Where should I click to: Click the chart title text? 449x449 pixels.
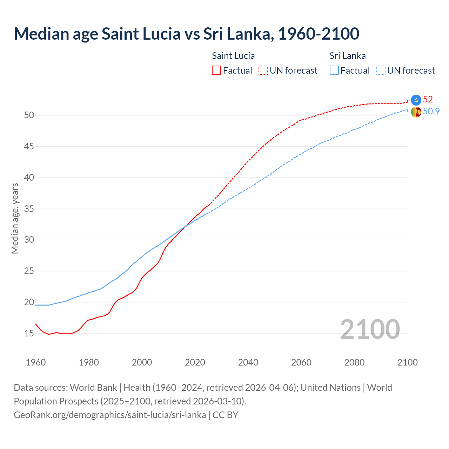click(x=186, y=34)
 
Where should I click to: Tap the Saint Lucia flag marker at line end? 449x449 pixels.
click(x=416, y=100)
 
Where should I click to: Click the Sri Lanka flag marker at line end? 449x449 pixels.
click(x=416, y=112)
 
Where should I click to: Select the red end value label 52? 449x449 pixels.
click(x=428, y=99)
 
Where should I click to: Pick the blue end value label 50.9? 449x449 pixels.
click(x=431, y=111)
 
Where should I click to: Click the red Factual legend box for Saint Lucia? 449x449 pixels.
click(x=216, y=70)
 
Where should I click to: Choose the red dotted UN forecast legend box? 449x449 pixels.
click(x=263, y=70)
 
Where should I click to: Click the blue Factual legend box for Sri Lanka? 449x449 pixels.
click(x=334, y=70)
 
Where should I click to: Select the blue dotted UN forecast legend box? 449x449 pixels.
click(x=381, y=70)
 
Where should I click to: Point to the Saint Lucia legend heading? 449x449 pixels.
click(x=233, y=56)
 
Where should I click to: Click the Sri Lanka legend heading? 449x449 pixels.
click(x=347, y=56)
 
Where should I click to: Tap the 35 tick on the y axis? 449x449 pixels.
click(x=29, y=209)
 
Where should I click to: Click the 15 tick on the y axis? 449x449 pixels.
click(x=29, y=333)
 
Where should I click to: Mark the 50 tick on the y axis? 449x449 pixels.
click(x=29, y=115)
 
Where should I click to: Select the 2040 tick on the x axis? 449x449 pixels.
click(x=248, y=362)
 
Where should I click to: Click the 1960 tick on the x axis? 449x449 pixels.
click(x=36, y=362)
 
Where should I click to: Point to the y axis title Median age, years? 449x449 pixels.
click(x=15, y=218)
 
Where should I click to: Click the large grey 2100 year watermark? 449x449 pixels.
click(x=370, y=329)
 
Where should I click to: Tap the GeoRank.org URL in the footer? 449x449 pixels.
click(x=110, y=415)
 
